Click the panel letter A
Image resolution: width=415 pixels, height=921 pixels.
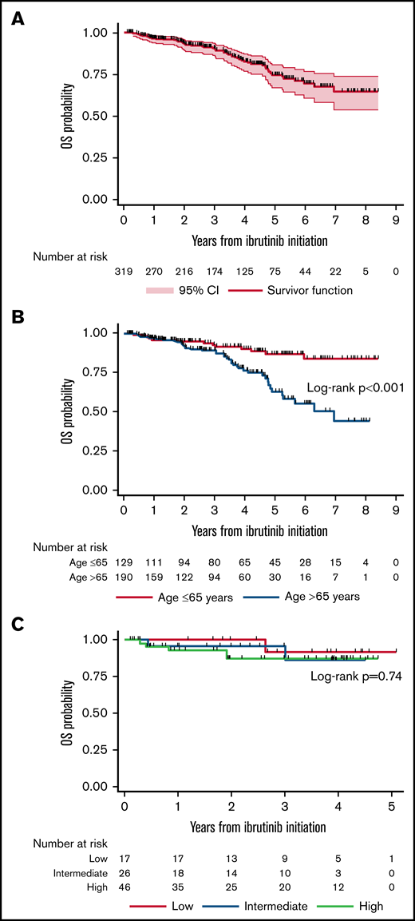coord(16,17)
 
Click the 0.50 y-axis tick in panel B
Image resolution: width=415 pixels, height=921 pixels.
coord(97,411)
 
